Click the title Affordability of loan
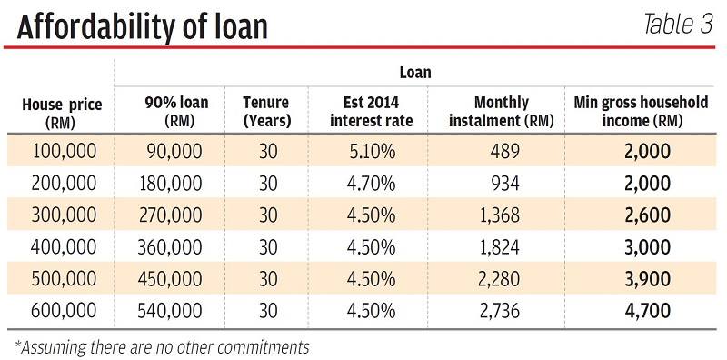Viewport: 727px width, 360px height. tap(143, 26)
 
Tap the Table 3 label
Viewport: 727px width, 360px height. tap(678, 25)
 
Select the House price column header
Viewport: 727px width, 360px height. tap(62, 113)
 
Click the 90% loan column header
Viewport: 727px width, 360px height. tap(177, 111)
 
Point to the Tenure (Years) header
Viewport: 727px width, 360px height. tap(267, 111)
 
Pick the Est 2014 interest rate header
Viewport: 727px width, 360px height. tap(371, 111)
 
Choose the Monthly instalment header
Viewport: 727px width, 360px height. tap(502, 111)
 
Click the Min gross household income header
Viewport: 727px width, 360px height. tap(641, 111)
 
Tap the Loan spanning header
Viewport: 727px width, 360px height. tap(415, 73)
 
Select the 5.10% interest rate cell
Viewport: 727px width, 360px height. tap(371, 152)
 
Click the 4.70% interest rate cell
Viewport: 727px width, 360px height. tap(371, 184)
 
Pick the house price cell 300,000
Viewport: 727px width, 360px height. tap(64, 215)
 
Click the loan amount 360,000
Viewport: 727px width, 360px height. tap(170, 247)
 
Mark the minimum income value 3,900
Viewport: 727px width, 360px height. tap(647, 279)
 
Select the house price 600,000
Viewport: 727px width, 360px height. tap(64, 311)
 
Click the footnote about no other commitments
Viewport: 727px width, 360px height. tap(162, 347)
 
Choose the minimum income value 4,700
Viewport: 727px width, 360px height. tap(647, 311)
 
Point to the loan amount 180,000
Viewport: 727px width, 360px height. tap(171, 184)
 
